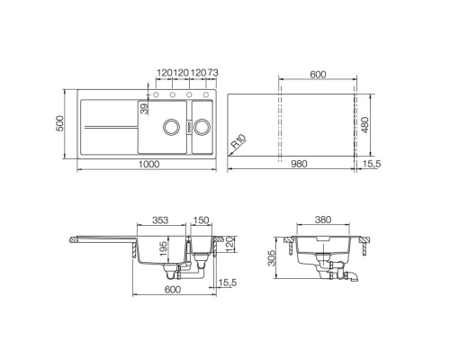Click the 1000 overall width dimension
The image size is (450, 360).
[x=148, y=164]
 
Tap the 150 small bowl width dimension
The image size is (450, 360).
[x=201, y=220]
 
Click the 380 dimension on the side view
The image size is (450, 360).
[x=326, y=220]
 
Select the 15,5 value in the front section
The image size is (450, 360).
[x=229, y=283]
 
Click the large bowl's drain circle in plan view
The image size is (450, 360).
[x=167, y=128]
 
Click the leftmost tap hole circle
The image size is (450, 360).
[x=157, y=94]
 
